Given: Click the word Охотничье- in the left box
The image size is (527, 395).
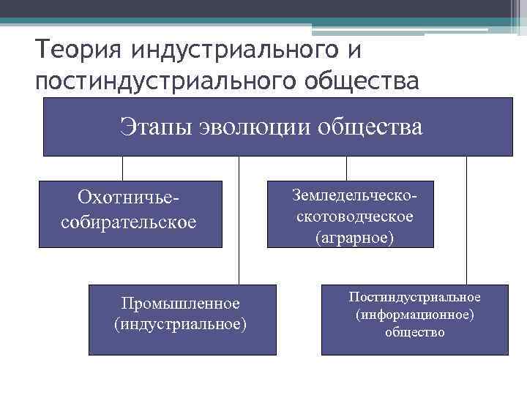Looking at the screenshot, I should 129,198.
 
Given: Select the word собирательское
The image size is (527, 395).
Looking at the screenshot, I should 129,221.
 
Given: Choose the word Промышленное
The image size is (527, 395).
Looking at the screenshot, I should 180,303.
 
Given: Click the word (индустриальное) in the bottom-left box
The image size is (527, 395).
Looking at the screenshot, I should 180,323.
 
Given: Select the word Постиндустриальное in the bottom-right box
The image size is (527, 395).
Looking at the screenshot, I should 414,298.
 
